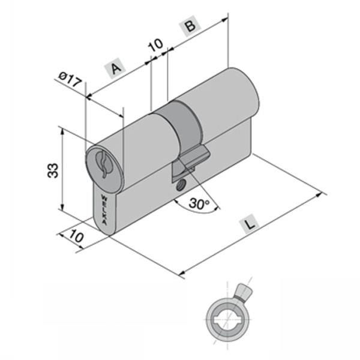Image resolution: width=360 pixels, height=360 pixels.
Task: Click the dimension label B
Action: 190,26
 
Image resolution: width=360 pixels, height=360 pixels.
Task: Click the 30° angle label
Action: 199,204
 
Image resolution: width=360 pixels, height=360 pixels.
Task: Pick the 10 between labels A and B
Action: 155,45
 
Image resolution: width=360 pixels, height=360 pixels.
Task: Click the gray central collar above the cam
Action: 183,123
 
